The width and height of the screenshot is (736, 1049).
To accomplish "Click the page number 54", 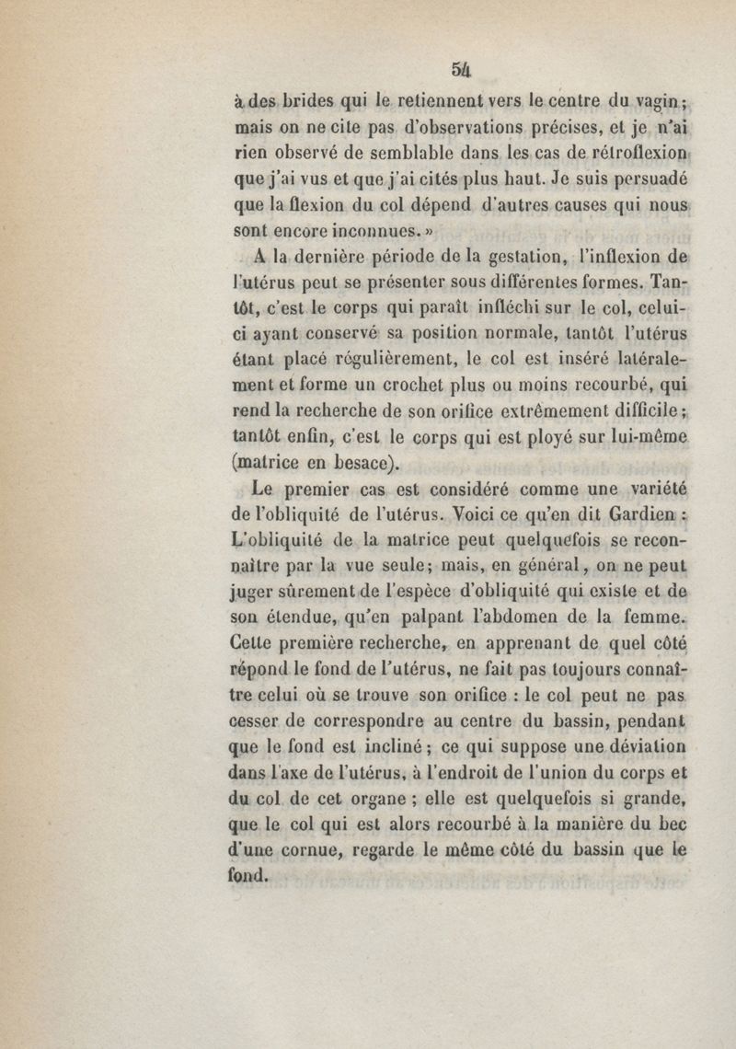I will click(461, 69).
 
